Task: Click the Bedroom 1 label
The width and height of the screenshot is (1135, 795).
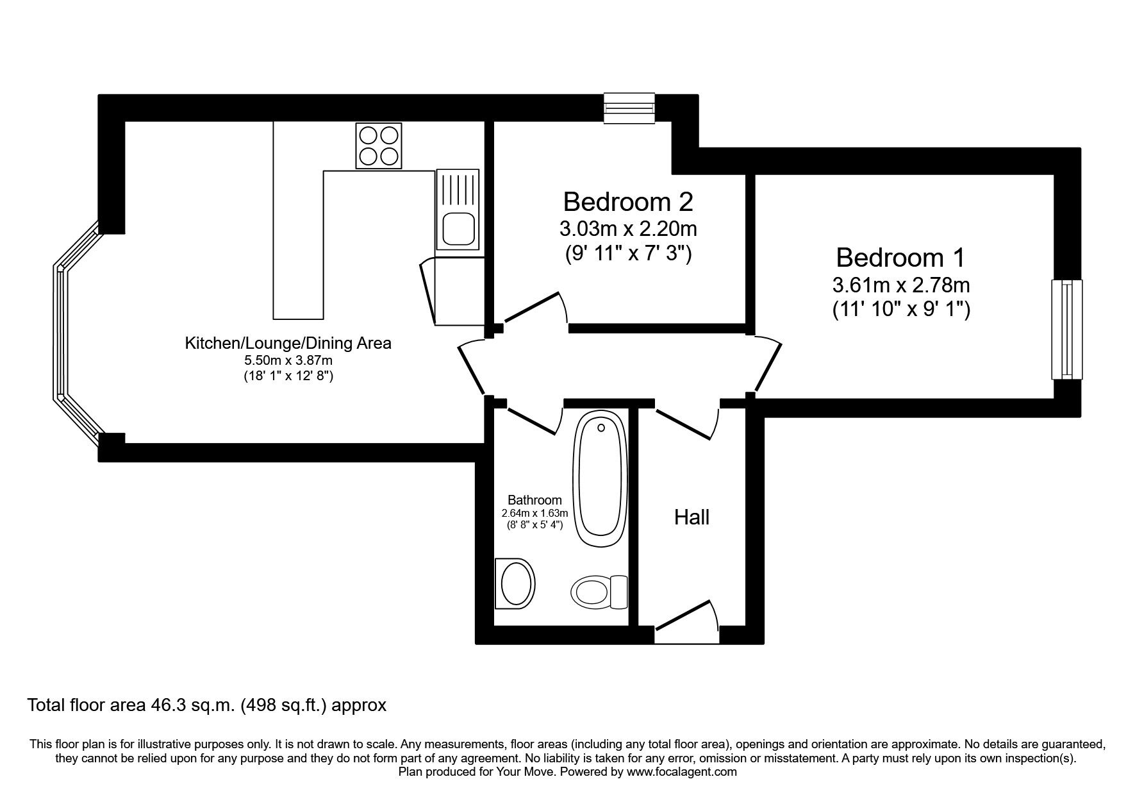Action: pyautogui.click(x=900, y=258)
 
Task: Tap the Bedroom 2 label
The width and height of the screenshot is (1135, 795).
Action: pyautogui.click(x=627, y=201)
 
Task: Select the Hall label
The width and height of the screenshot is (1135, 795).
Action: pyautogui.click(x=692, y=517)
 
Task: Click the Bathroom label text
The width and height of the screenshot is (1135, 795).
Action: pyautogui.click(x=534, y=500)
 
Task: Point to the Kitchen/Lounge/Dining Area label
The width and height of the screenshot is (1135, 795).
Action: pyautogui.click(x=288, y=343)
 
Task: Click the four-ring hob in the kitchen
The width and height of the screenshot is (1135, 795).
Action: pyautogui.click(x=378, y=146)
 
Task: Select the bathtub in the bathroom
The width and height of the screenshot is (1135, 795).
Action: pyautogui.click(x=601, y=480)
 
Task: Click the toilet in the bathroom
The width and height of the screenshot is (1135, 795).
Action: pyautogui.click(x=599, y=591)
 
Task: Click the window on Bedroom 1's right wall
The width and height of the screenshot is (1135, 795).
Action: pyautogui.click(x=1066, y=330)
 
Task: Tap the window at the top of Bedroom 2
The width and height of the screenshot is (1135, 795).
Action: pyautogui.click(x=629, y=107)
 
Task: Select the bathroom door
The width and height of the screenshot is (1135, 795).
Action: pyautogui.click(x=533, y=420)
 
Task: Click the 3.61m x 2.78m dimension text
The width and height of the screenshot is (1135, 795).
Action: pyautogui.click(x=900, y=284)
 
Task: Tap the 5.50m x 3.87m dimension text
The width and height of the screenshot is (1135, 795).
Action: pyautogui.click(x=288, y=361)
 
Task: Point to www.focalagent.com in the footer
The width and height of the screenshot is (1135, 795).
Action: pyautogui.click(x=681, y=772)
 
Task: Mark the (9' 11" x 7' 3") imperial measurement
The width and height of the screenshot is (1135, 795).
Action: pyautogui.click(x=627, y=255)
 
